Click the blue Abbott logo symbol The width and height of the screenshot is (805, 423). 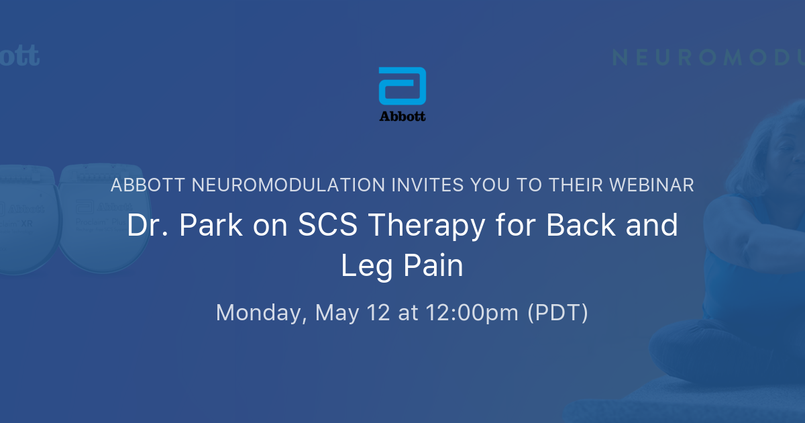(402, 87)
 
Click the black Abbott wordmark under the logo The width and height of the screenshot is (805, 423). (402, 116)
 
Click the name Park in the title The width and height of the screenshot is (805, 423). (203, 226)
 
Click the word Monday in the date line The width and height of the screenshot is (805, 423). (261, 313)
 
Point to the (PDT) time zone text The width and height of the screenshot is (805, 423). (558, 313)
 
